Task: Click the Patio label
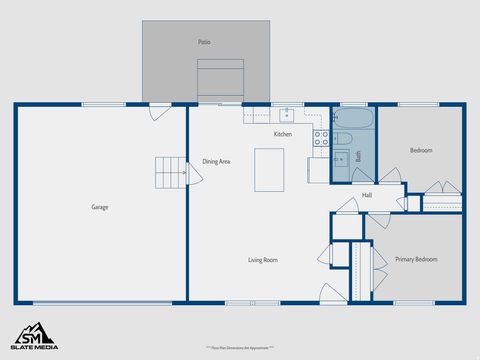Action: click(x=204, y=43)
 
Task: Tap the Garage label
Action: click(x=100, y=207)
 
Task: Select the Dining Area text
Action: click(x=217, y=161)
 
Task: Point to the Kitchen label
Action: click(x=283, y=134)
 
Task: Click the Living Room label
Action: click(x=263, y=260)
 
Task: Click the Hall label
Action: click(x=367, y=195)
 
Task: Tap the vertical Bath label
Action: click(x=358, y=157)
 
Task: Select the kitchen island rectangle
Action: click(x=270, y=169)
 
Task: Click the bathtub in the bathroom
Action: click(x=354, y=119)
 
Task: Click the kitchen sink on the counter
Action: click(x=286, y=113)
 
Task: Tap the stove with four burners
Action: click(x=322, y=138)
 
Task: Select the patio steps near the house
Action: click(x=219, y=80)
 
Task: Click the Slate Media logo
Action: click(x=34, y=335)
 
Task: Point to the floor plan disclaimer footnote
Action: click(x=240, y=348)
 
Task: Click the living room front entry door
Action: click(x=332, y=293)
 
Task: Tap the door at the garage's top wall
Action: click(x=158, y=110)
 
